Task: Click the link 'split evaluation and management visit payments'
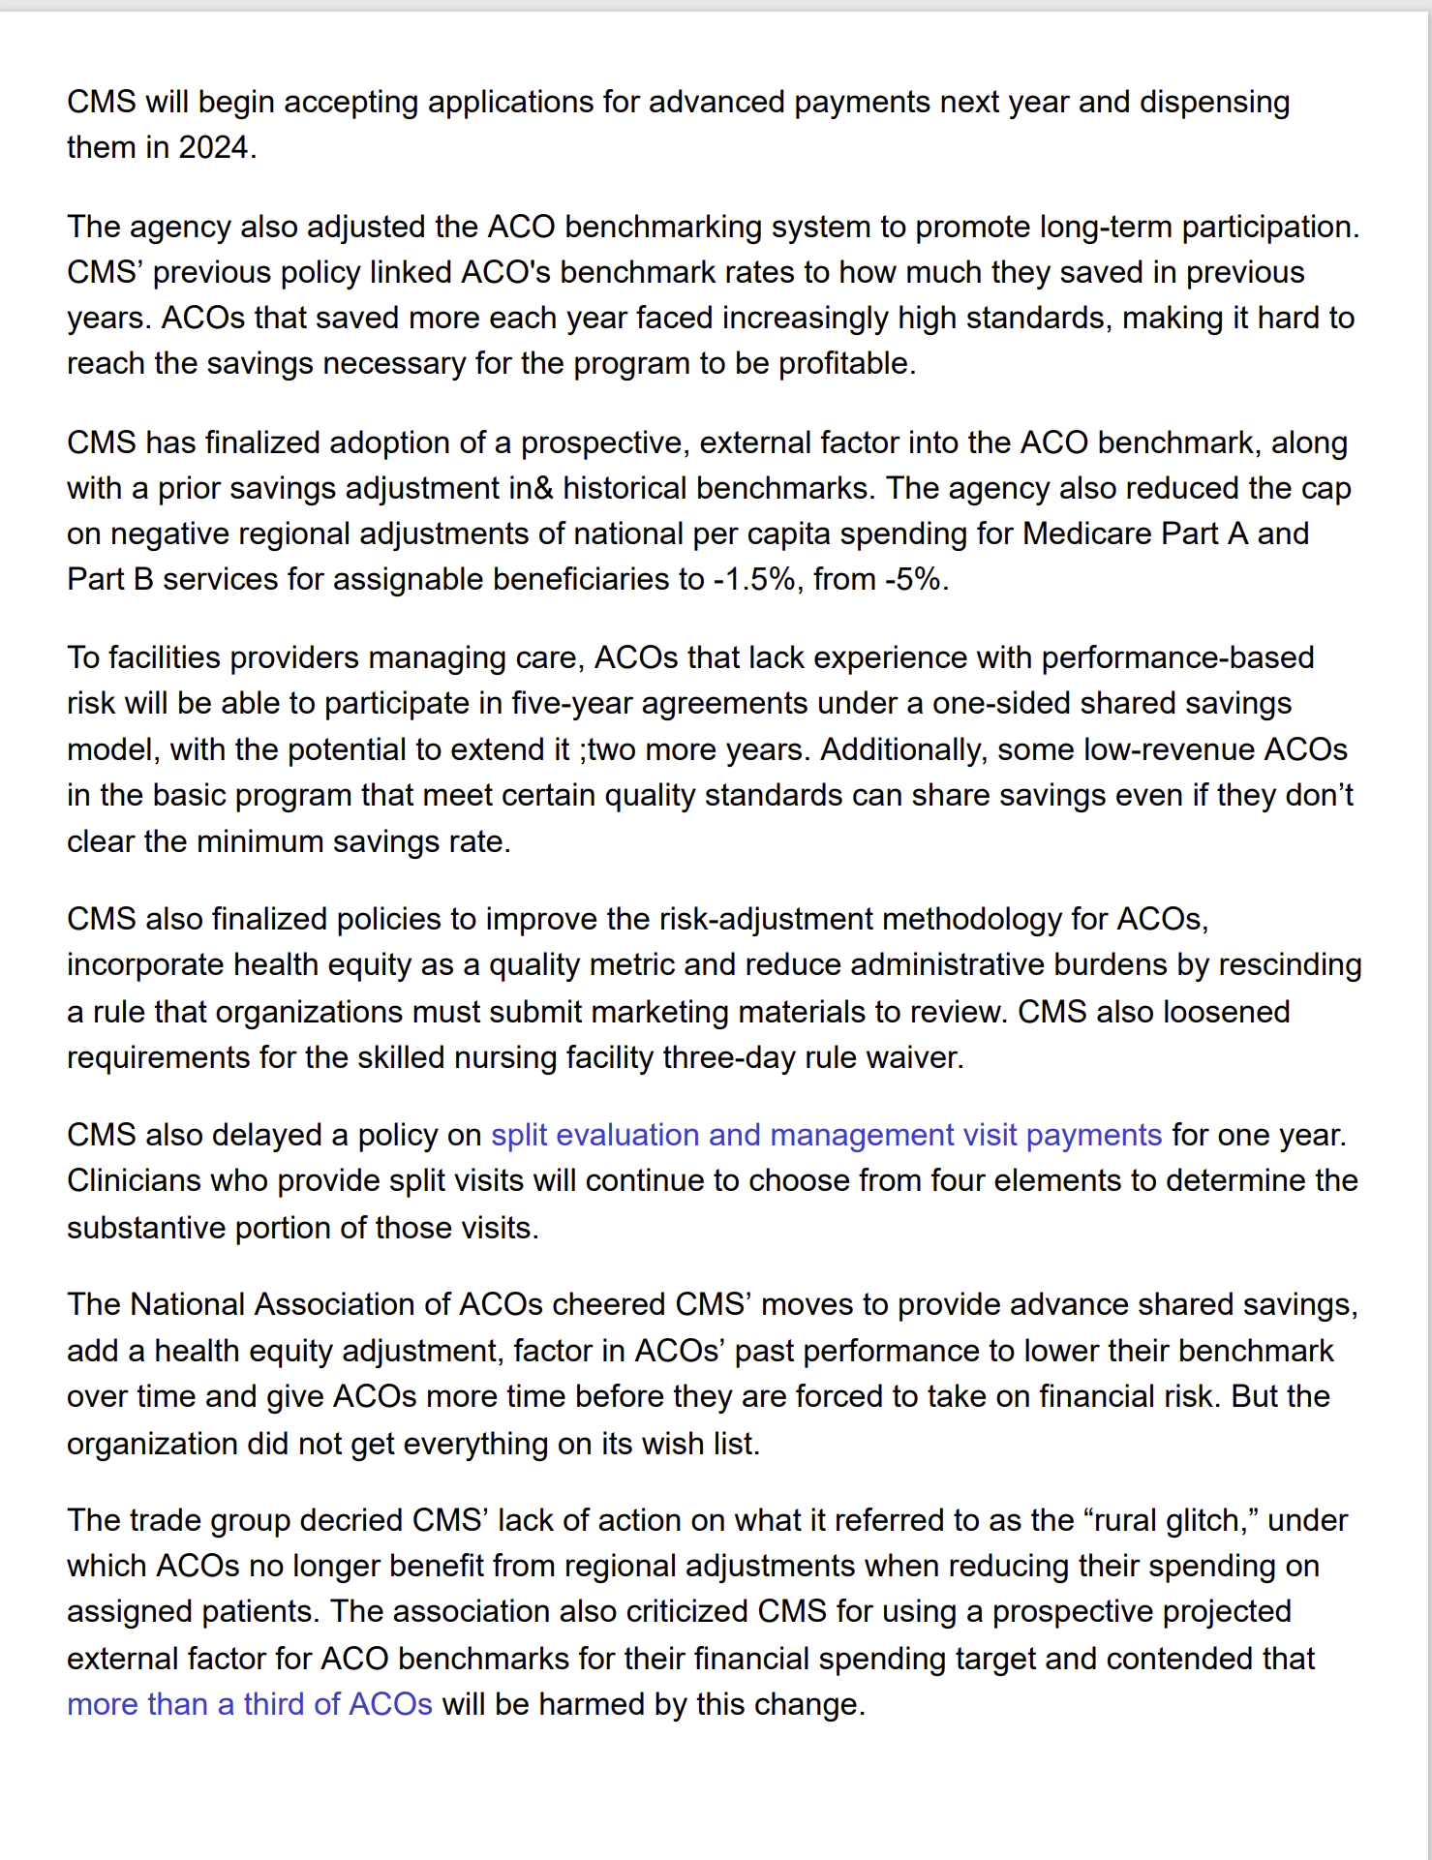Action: point(826,1135)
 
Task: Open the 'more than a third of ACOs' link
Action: point(249,1704)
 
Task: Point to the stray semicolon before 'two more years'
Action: point(584,750)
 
